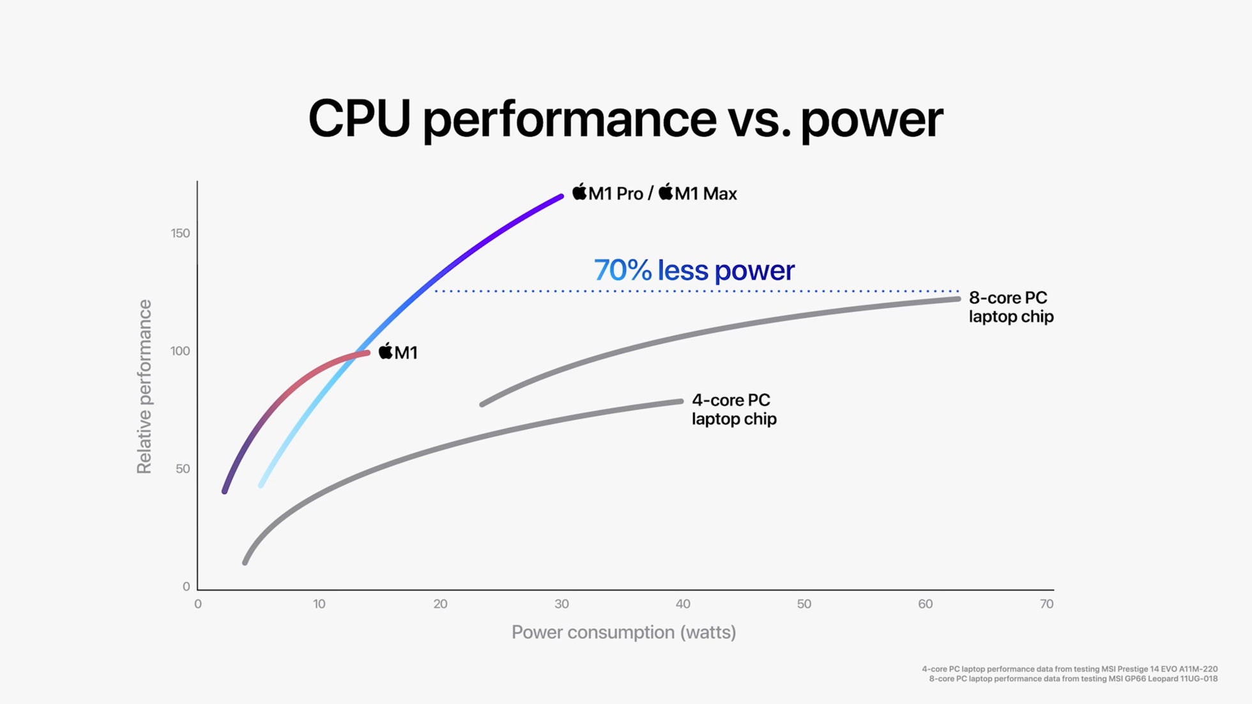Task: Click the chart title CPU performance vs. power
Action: [625, 119]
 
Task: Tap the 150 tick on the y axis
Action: [180, 233]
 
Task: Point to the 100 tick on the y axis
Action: [180, 351]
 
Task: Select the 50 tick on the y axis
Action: [183, 469]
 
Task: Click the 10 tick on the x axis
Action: [319, 604]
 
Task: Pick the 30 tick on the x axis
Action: [561, 604]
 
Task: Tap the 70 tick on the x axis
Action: [1046, 604]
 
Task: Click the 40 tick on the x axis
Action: [683, 604]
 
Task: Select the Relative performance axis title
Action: [144, 386]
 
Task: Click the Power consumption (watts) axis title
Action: [623, 632]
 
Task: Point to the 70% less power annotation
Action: [694, 270]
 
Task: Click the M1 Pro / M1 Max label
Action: [654, 193]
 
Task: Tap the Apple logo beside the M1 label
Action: [385, 351]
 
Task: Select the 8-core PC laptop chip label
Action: [1011, 307]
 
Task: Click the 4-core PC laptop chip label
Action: [734, 409]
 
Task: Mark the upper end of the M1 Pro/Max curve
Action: [561, 197]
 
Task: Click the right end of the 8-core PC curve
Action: [958, 299]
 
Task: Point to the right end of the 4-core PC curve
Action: [680, 401]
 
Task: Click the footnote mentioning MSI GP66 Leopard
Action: [1073, 679]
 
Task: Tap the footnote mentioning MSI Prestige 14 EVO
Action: [1069, 669]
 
